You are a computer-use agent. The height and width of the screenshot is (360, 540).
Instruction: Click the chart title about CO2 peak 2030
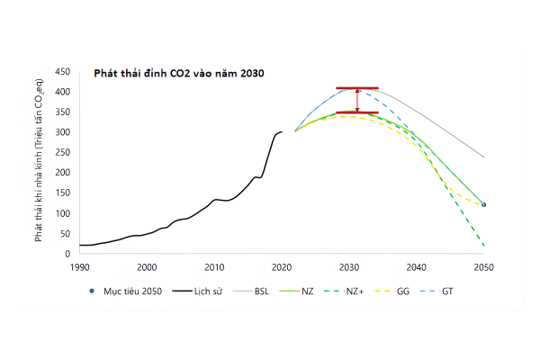pos(179,73)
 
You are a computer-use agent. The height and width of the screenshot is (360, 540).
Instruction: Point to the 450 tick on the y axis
pos(63,72)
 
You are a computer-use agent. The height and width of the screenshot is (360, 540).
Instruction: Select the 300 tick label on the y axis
pos(63,132)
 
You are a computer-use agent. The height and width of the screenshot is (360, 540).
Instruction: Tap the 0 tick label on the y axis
pos(68,254)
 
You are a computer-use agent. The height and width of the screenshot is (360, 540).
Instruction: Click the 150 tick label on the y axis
pos(63,193)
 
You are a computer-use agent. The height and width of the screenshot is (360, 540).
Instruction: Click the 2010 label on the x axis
pos(214,267)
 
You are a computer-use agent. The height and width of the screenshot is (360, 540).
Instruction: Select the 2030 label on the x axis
pos(349,267)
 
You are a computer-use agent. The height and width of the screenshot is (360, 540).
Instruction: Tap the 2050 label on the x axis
pos(484,267)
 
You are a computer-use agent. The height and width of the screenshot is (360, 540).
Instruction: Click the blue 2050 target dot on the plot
pos(484,205)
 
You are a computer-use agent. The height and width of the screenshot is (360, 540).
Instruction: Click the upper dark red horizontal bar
pos(357,88)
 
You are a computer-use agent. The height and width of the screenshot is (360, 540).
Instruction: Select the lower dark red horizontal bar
pos(357,113)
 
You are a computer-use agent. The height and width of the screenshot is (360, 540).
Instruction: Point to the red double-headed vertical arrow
pos(357,101)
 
